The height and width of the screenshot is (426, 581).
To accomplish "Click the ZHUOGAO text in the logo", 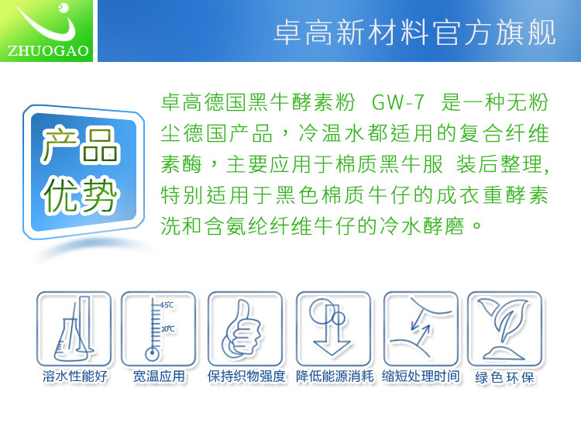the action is point(48,51).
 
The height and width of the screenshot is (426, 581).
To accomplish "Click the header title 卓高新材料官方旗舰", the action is point(414,33).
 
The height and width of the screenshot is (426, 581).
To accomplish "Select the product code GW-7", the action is point(397,102).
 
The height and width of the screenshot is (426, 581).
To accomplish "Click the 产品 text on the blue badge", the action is point(80,145).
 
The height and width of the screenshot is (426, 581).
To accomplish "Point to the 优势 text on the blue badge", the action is point(80,195).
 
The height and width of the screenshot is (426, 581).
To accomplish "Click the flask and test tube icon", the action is point(74,329).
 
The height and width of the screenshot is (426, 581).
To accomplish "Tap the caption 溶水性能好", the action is point(75,376).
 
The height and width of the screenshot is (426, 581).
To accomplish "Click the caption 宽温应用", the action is point(159,376).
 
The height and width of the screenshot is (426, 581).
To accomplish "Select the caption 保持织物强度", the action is point(246,376).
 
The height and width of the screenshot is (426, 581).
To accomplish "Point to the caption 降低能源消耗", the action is point(335,376).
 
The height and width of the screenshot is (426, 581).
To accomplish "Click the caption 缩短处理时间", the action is point(421,376).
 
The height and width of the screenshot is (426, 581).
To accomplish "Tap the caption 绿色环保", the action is point(504,378).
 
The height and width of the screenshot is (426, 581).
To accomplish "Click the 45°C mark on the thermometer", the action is point(167,305).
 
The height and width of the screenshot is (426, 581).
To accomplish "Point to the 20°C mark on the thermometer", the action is point(167,328).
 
